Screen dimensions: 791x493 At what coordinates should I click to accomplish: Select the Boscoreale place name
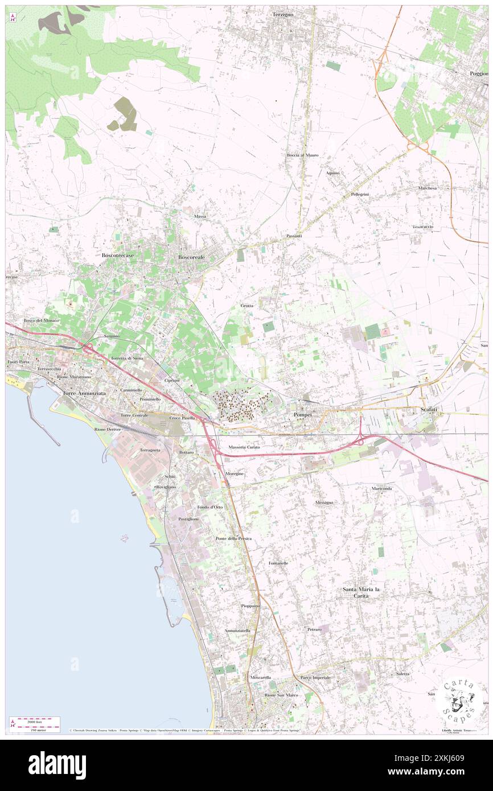[x=191, y=257]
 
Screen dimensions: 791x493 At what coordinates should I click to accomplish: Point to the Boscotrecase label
[x=118, y=256]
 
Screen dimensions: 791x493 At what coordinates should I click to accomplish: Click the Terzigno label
[x=284, y=14]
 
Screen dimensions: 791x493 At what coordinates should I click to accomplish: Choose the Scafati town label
[x=422, y=410]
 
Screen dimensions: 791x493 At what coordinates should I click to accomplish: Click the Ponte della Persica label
[x=233, y=538]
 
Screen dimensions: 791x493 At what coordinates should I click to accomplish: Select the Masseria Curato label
[x=244, y=447]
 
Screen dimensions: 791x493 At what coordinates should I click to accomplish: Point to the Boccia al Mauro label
[x=302, y=155]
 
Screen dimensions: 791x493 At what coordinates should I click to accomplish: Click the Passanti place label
[x=294, y=236]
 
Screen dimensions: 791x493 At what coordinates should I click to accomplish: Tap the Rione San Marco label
[x=281, y=695]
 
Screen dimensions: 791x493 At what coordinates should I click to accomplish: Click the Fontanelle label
[x=278, y=563]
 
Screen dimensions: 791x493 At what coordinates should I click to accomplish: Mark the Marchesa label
[x=426, y=188]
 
